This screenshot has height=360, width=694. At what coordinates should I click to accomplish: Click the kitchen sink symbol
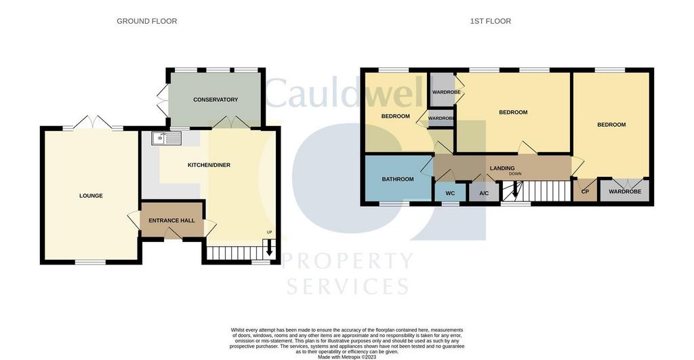click(166, 138)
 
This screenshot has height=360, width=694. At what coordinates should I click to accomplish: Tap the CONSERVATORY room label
click(216, 100)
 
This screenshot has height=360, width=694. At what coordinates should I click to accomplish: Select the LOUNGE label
click(91, 196)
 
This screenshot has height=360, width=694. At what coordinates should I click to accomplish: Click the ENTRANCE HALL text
click(171, 220)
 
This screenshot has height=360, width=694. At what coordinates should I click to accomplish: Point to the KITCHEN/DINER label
click(209, 165)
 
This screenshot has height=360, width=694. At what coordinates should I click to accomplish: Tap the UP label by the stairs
click(269, 233)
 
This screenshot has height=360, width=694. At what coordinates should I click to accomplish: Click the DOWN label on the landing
click(515, 174)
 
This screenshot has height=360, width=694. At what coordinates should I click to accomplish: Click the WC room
click(450, 193)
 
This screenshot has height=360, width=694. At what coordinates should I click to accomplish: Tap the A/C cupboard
click(484, 193)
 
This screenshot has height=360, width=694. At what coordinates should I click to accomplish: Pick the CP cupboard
click(585, 191)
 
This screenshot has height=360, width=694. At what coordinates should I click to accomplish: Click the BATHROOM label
click(398, 180)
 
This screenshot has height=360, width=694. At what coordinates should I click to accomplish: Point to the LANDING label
click(502, 168)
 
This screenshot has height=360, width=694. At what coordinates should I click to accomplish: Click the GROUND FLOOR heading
click(147, 21)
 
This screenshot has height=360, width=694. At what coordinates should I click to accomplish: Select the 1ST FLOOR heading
click(491, 21)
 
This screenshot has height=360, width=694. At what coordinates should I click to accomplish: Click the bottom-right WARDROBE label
click(625, 192)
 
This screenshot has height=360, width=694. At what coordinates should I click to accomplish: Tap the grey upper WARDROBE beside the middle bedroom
click(443, 90)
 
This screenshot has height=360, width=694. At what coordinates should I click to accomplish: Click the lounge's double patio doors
click(93, 123)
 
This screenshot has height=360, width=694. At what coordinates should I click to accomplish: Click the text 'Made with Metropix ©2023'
click(347, 357)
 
